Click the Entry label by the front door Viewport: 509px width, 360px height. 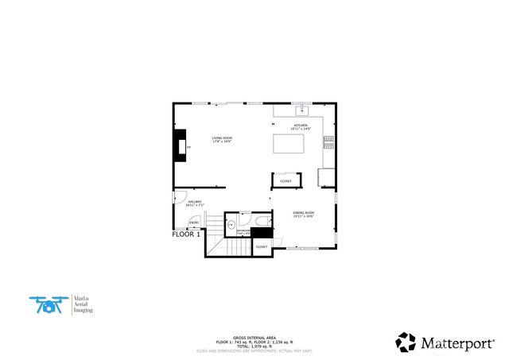[194, 223]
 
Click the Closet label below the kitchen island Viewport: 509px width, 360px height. [286, 181]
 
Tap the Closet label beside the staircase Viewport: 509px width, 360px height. [262, 247]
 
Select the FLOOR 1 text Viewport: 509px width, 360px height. [186, 234]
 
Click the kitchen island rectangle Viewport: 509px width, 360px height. [289, 144]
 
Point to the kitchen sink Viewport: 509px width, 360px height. [302, 110]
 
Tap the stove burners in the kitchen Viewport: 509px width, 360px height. [328, 143]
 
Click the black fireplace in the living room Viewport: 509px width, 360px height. [182, 146]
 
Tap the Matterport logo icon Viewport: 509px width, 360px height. [406, 343]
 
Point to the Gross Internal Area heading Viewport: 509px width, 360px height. [254, 337]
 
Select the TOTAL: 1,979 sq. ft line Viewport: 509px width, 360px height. [254, 345]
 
